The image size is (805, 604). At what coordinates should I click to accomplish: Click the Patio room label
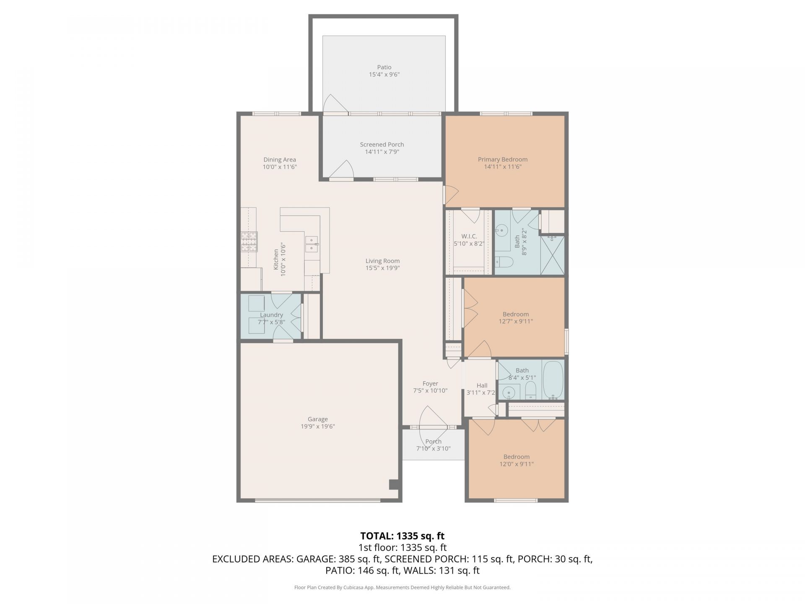[384, 67]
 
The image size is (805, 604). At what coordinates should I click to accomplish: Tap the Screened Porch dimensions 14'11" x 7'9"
[382, 152]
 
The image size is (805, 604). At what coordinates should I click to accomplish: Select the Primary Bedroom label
[503, 159]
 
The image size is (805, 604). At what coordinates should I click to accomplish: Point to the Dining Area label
[280, 159]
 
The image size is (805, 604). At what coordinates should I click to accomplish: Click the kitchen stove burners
[249, 242]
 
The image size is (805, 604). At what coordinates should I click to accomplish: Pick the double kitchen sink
[312, 244]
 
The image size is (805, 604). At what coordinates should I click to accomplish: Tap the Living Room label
[382, 261]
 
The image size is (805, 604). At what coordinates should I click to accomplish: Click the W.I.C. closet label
[469, 236]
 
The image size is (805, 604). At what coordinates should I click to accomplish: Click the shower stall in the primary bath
[552, 255]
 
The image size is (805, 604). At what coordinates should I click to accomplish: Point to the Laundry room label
[271, 315]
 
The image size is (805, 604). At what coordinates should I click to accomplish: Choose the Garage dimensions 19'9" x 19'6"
[318, 427]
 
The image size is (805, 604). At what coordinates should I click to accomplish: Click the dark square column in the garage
[394, 484]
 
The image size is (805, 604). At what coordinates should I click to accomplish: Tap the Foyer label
[430, 383]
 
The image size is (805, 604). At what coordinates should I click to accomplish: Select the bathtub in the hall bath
[553, 380]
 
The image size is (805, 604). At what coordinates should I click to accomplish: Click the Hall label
[482, 385]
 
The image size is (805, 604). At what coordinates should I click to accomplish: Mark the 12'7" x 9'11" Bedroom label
[516, 314]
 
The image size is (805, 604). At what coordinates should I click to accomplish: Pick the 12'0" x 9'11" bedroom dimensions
[517, 464]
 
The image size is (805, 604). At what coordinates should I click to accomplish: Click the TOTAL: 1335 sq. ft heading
[402, 536]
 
